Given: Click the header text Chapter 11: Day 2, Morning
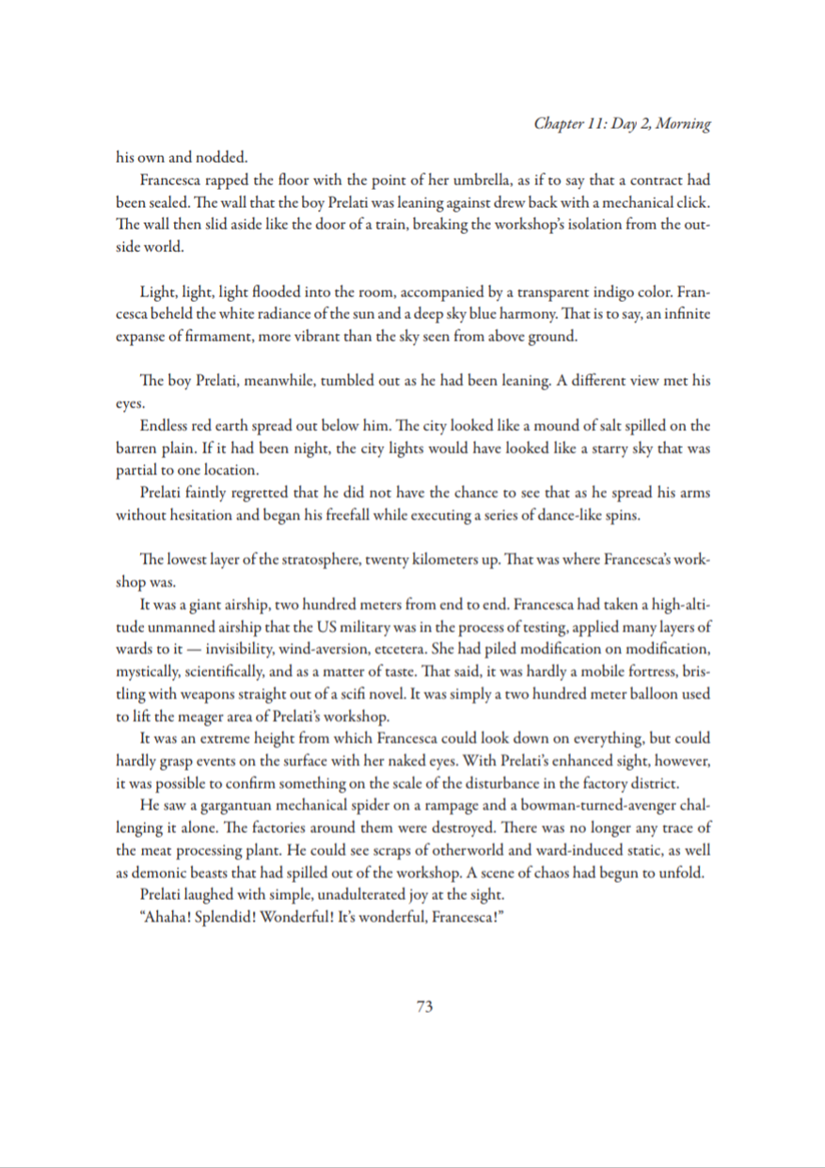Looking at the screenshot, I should tap(621, 124).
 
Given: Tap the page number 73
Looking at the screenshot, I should tap(423, 1007).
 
